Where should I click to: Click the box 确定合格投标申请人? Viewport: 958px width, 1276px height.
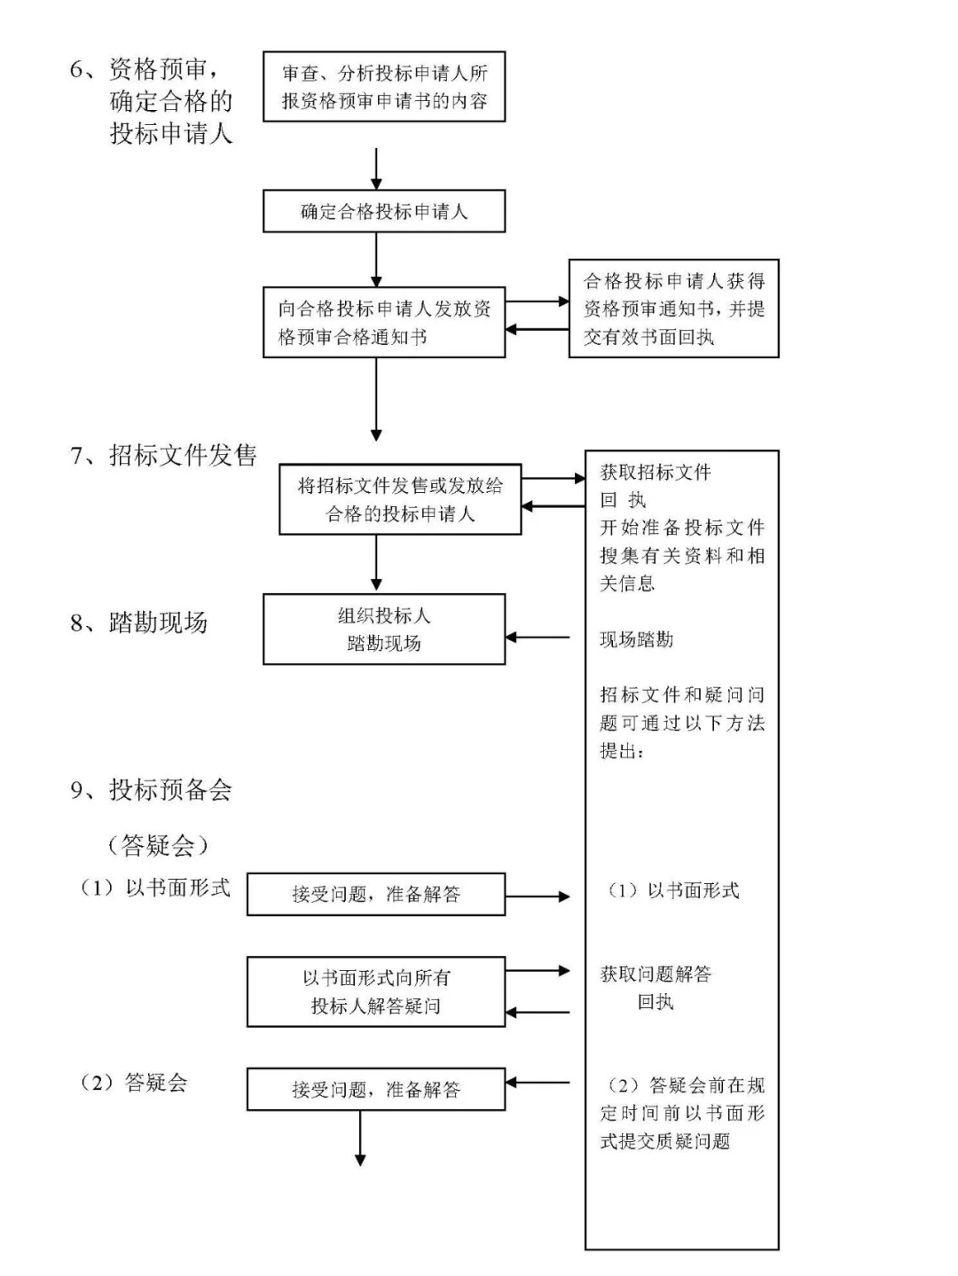pos(384,211)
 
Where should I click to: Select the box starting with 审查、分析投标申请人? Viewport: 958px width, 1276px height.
pos(384,87)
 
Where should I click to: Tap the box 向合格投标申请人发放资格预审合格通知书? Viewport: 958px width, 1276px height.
pos(384,322)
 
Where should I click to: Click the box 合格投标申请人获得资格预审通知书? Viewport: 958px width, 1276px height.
pos(673,309)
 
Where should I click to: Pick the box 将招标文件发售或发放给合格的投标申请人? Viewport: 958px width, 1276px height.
pos(399,499)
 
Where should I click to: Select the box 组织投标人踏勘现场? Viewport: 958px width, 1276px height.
pos(384,629)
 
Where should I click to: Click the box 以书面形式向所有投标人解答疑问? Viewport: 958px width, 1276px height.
pos(376,991)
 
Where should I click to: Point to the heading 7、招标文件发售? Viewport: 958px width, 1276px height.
pos(164,456)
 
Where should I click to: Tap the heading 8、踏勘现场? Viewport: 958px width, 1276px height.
pos(139,622)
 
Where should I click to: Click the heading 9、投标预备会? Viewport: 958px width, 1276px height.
pos(152,789)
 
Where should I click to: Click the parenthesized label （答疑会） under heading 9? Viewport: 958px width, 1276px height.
pos(158,845)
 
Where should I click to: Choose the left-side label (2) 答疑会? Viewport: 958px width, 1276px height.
pos(134,1082)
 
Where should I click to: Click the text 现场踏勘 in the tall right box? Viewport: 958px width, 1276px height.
pos(636,639)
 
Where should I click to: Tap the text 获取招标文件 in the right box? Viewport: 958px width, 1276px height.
pos(656,472)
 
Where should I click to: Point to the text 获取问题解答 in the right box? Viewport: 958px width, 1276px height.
pos(656,974)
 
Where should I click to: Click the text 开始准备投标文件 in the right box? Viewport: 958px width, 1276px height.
pos(681,528)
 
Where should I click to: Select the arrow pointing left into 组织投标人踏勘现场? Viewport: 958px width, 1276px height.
pos(538,637)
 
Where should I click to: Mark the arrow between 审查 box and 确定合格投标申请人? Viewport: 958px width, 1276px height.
pos(376,168)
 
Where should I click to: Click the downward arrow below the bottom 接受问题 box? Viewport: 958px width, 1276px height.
pos(360,1139)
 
